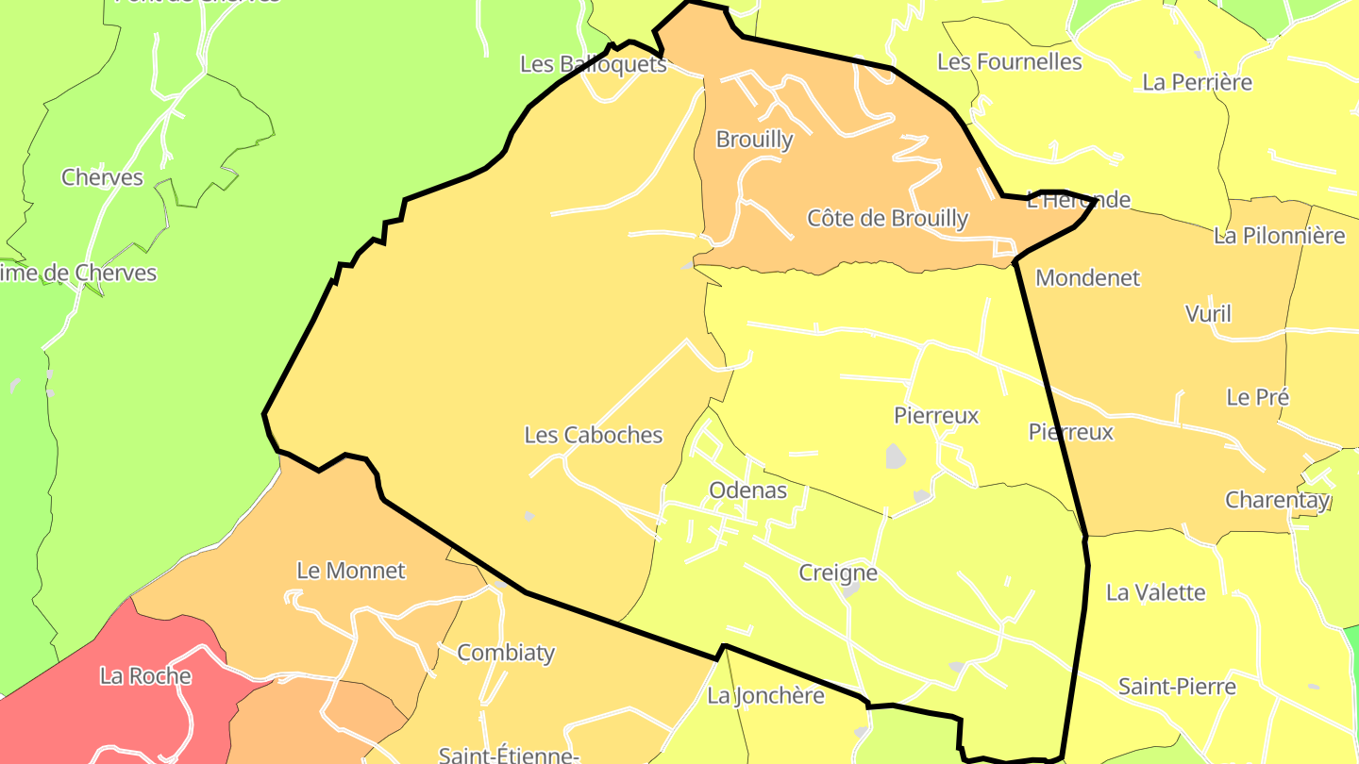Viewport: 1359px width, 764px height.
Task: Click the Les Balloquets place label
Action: coord(593,64)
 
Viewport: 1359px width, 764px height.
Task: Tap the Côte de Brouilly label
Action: coord(887,219)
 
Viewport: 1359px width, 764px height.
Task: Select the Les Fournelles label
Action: coord(1009,62)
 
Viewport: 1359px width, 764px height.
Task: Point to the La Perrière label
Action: coord(1197,82)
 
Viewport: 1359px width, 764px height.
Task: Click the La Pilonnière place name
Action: coord(1279,236)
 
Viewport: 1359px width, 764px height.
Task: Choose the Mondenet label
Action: coord(1087,278)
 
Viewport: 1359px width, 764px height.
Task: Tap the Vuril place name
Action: coord(1208,314)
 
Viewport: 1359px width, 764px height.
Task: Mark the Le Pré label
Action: coord(1257,398)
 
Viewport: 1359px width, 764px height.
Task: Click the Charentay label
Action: coord(1276,501)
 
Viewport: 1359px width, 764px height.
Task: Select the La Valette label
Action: coord(1155,593)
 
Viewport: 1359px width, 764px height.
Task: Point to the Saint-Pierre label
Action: coord(1177,687)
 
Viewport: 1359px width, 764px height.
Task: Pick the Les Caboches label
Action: coord(593,436)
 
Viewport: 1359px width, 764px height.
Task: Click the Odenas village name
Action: coord(747,490)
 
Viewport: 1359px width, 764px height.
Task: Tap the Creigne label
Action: coord(837,573)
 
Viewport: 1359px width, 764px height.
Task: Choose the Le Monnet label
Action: coord(350,571)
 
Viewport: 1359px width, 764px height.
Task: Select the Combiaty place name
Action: coord(505,653)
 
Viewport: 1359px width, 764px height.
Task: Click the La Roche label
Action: coord(145,676)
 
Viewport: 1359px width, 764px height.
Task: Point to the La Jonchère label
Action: coord(765,696)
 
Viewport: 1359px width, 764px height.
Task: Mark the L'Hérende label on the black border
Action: coord(1078,200)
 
